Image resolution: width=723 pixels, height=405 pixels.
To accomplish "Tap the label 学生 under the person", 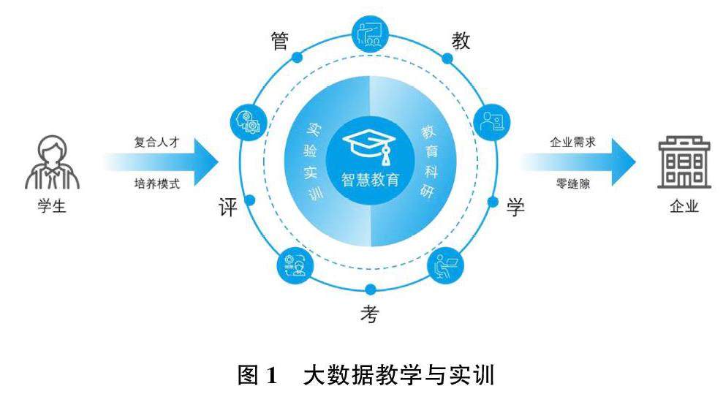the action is pyautogui.click(x=52, y=207).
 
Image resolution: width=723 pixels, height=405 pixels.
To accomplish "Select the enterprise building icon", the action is pyautogui.click(x=684, y=162).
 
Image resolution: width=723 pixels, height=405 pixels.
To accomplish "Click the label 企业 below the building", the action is pyautogui.click(x=684, y=207).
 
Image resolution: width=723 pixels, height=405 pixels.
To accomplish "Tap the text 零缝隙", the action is pyautogui.click(x=573, y=182).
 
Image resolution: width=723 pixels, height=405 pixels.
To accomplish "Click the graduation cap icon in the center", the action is pyautogui.click(x=370, y=144).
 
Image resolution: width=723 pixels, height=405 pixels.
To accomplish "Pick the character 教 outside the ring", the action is pyautogui.click(x=460, y=40).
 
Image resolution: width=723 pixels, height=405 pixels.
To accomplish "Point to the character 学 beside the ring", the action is pyautogui.click(x=516, y=208).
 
